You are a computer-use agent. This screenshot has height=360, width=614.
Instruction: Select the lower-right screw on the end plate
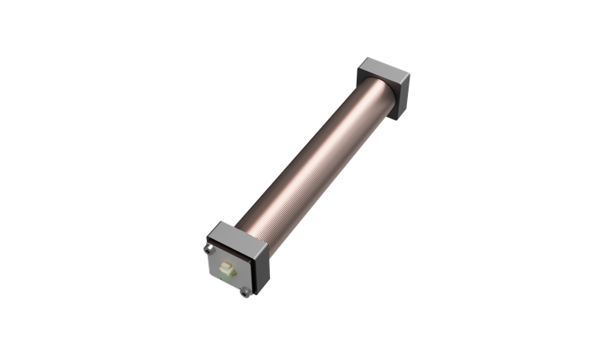(245, 292)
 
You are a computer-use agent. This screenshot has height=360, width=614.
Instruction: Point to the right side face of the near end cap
(260, 268)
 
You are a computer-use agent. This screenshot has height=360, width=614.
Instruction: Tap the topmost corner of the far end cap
(368, 56)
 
